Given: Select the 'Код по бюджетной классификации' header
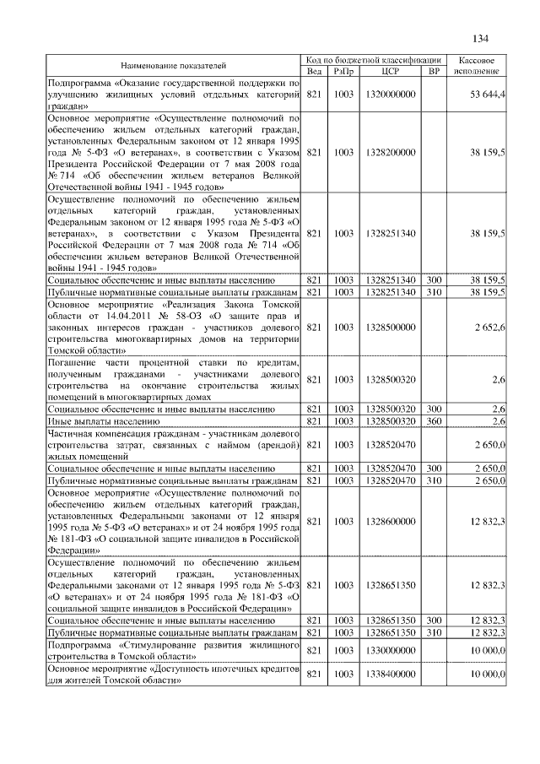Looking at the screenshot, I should (375, 60).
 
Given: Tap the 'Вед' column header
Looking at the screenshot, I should (315, 72).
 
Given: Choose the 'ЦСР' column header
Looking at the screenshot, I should (391, 72).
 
